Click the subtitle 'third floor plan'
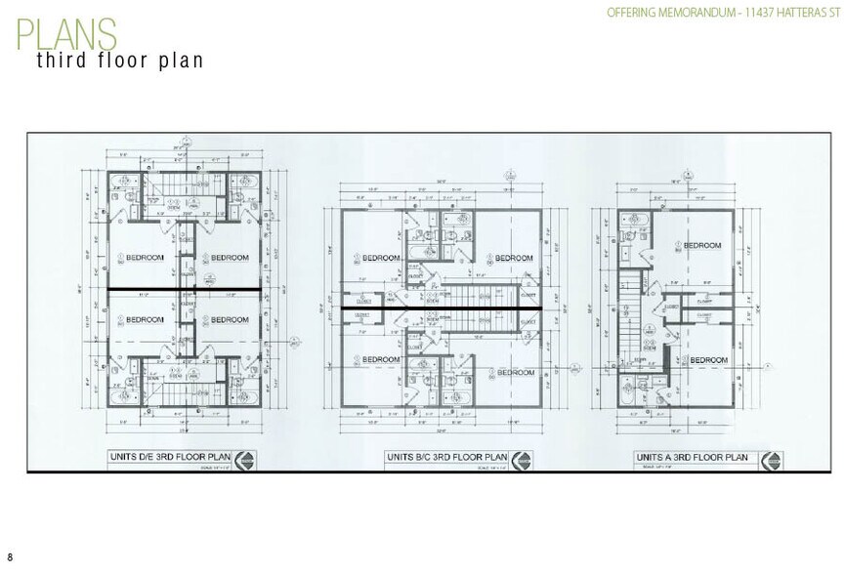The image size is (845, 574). point(120,60)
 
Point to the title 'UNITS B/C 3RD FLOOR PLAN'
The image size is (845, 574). point(447,456)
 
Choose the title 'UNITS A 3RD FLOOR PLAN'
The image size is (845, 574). point(692,456)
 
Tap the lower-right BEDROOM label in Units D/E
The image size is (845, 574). point(231,320)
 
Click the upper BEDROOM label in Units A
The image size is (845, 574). point(701,245)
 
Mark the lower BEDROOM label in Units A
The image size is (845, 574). point(708,360)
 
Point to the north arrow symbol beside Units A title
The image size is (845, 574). point(771,458)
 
